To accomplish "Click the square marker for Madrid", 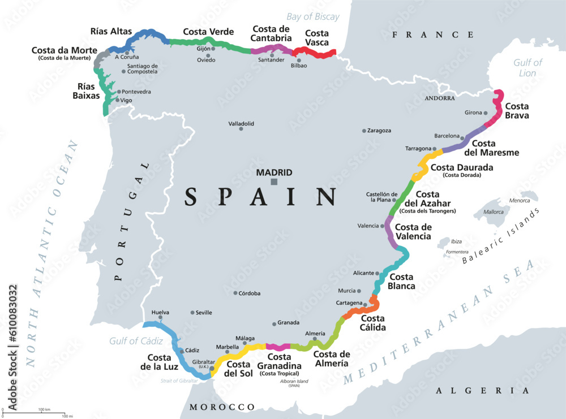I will point(274,182).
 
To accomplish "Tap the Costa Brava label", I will point(517,111).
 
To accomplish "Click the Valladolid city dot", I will point(241,129).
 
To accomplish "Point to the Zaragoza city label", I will point(379,131).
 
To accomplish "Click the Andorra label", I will point(439,98).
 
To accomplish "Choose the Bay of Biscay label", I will point(313,16).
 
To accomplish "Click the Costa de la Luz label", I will point(164,362).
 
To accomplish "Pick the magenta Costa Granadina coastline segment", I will point(278,346).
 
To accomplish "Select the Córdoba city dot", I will point(235,293).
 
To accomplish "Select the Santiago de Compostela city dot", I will point(123,72).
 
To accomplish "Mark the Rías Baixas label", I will point(86,91).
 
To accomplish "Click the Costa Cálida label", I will point(373,323).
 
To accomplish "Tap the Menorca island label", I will point(518,200).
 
